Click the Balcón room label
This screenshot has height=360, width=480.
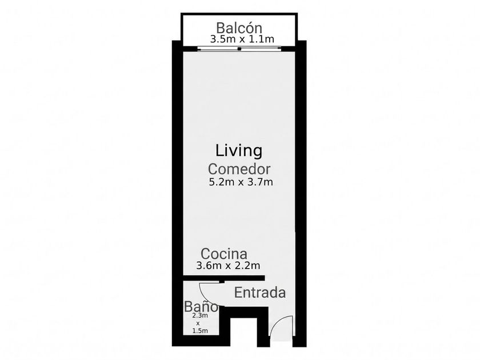pos(239,28)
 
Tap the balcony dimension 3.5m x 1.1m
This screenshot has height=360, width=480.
pos(242,39)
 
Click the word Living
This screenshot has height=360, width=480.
pos(239,151)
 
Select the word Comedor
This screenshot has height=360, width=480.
pos(239,169)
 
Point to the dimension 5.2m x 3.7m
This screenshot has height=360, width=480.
pos(241,182)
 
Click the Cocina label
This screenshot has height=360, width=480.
pos(224,254)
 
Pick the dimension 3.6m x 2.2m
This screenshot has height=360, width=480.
pos(228,265)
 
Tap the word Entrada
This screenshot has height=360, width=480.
pos(260,293)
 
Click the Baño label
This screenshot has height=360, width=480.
pos(201,306)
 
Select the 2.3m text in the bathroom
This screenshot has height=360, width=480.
pos(200,315)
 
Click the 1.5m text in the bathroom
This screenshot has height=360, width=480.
pos(200,331)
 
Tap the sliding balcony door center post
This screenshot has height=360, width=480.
pos(239,49)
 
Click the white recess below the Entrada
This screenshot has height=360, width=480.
pos(243,332)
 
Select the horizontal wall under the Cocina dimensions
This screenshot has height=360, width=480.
pos(224,278)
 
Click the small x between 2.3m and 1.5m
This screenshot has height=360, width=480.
pos(198,323)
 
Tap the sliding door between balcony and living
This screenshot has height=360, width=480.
pos(239,49)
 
